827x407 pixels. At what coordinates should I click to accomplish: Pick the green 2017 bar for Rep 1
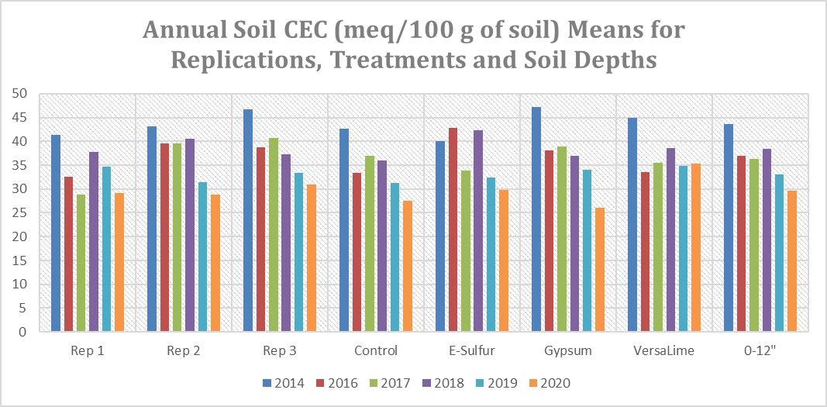[x=81, y=263]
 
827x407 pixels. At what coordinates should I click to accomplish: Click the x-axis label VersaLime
[x=663, y=350]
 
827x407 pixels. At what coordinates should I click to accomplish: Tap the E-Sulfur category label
[x=471, y=350]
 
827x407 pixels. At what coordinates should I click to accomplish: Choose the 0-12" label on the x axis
[x=760, y=350]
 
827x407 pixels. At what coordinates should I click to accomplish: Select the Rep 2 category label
[x=184, y=350]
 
